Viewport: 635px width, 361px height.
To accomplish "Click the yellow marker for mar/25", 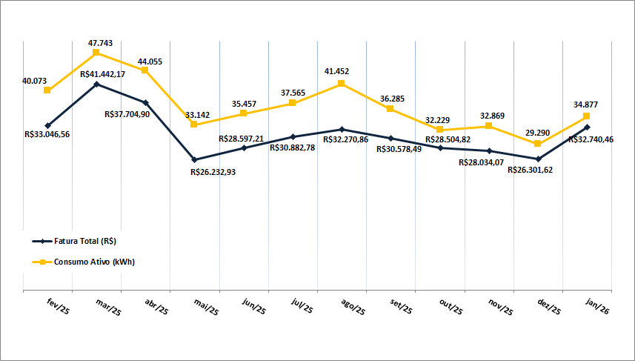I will click(x=96, y=53).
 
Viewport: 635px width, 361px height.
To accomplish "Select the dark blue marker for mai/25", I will click(x=194, y=159).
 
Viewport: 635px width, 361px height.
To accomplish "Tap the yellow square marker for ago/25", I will click(x=342, y=84).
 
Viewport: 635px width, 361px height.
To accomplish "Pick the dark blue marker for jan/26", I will click(x=587, y=127).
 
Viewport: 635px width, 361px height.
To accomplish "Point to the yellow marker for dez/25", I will click(x=538, y=144).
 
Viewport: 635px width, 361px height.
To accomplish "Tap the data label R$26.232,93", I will click(x=218, y=172).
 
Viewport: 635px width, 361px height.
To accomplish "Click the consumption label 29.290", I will click(x=538, y=133).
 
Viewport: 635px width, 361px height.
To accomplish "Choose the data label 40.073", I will click(x=35, y=80).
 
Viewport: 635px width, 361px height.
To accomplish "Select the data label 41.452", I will click(x=336, y=71).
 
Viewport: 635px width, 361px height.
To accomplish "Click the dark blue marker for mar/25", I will click(x=96, y=85).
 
